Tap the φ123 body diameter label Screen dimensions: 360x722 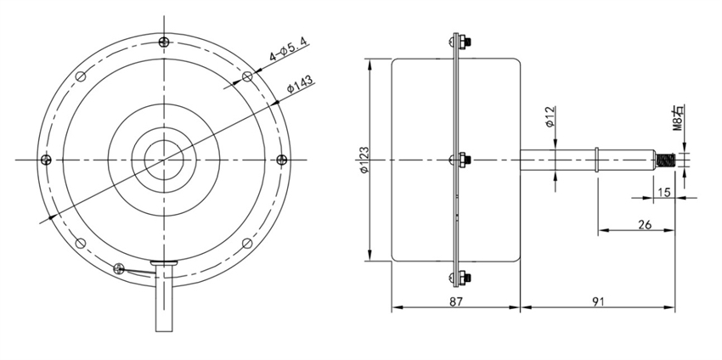363,160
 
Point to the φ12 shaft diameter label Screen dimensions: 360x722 550,117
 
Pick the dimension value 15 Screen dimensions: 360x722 664,193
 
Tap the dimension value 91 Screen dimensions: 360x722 598,301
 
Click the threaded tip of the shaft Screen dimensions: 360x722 666,159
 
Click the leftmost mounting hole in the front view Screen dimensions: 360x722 46,159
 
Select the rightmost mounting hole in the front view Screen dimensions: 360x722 282,159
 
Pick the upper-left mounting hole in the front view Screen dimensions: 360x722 81,76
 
